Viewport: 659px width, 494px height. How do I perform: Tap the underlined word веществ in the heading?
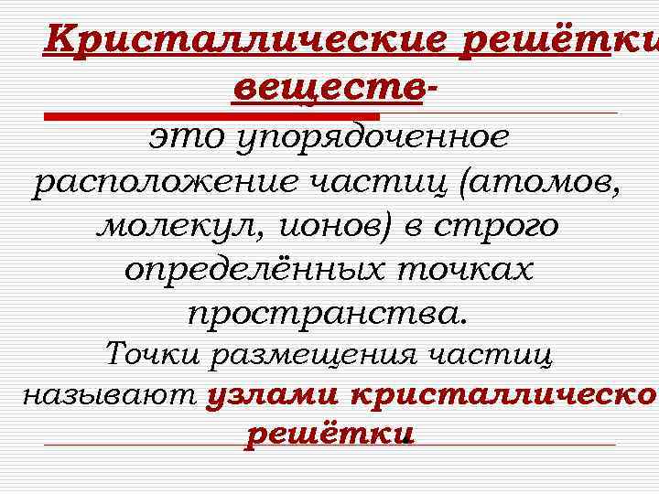tap(329, 89)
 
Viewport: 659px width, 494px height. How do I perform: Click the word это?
tap(189, 137)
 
